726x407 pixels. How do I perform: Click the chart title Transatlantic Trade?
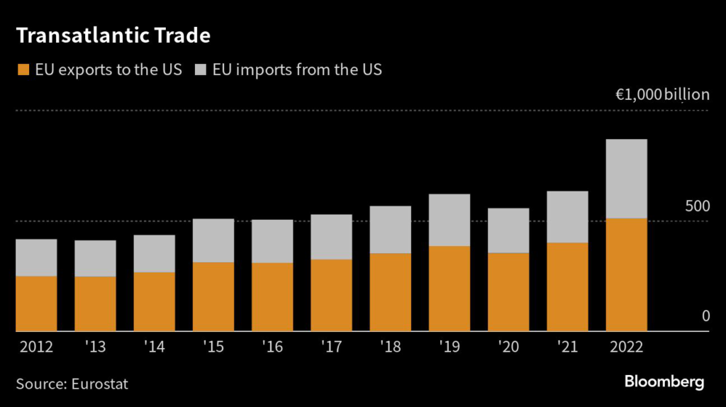coord(113,34)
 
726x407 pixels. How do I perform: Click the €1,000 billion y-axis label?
coord(662,95)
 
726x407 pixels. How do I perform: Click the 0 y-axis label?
coord(705,316)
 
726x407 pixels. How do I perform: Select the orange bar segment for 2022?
coord(626,274)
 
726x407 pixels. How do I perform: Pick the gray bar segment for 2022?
coord(626,179)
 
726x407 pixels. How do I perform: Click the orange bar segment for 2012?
coord(36,303)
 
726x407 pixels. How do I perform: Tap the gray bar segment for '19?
coord(449,220)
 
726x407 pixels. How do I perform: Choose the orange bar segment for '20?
coord(508,292)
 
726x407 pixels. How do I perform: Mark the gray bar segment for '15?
coord(213,240)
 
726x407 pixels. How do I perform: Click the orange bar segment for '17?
coord(331,295)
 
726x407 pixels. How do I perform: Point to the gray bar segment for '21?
coord(567,217)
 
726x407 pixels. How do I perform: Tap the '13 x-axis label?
coord(95,347)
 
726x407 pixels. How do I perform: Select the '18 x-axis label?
coord(390,347)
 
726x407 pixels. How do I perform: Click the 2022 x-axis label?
coord(626,347)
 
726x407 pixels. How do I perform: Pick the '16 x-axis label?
coord(272,347)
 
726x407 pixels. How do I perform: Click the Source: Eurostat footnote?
coord(72,384)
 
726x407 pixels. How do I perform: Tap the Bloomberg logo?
coord(664,382)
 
